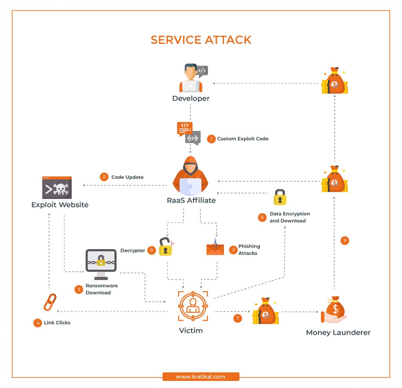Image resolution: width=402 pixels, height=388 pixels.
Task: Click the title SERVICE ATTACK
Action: [201, 40]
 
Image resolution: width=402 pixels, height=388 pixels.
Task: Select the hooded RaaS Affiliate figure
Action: [191, 176]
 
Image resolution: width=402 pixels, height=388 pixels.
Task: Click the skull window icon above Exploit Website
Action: [57, 188]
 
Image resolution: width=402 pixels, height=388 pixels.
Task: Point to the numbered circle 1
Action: [211, 139]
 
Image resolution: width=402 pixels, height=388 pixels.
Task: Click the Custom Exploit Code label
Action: [243, 139]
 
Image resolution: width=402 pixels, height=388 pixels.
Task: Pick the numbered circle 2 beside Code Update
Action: [104, 177]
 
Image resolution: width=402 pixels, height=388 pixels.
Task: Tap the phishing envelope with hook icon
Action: [215, 248]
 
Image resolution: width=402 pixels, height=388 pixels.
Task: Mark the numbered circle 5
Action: [79, 289]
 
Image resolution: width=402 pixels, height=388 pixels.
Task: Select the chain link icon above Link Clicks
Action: [50, 302]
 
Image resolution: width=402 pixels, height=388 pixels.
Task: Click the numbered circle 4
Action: [37, 323]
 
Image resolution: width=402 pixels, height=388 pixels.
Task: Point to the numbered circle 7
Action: [238, 318]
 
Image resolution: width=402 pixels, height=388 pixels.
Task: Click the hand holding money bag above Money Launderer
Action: [334, 311]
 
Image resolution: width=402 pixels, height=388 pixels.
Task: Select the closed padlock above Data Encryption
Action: [280, 197]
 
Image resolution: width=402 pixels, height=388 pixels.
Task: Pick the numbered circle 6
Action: [262, 217]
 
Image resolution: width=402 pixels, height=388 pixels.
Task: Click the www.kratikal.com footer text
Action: [201, 377]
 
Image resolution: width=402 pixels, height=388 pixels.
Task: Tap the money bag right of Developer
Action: [334, 81]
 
